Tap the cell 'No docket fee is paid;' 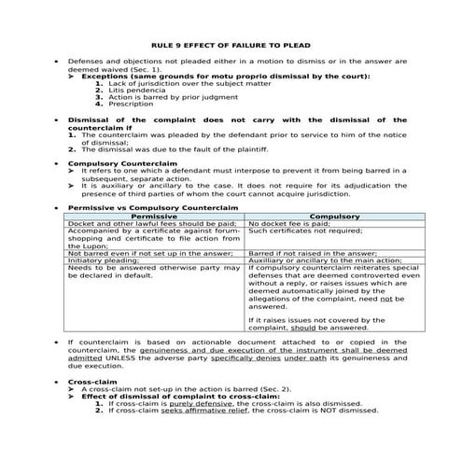coord(289,224)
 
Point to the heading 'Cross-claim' coord(94,383)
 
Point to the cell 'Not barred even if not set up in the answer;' coord(149,252)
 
